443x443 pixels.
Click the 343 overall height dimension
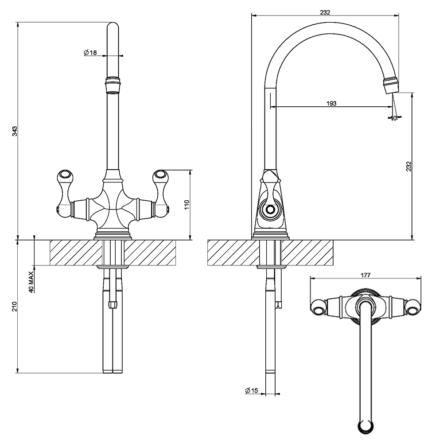pos(15,131)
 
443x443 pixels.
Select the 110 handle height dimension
pos(187,204)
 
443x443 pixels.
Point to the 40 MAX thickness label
pos(31,282)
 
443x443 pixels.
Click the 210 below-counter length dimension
pos(15,306)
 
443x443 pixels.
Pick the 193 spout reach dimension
pos(331,103)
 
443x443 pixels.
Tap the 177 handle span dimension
pos(365,275)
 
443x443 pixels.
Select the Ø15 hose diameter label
pos(251,390)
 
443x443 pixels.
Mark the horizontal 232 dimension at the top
pos(325,12)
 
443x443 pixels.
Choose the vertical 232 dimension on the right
pos(409,166)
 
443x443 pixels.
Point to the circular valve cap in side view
pos(269,210)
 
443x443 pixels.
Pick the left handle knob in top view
pos(319,307)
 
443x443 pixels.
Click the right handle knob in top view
pos(413,307)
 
